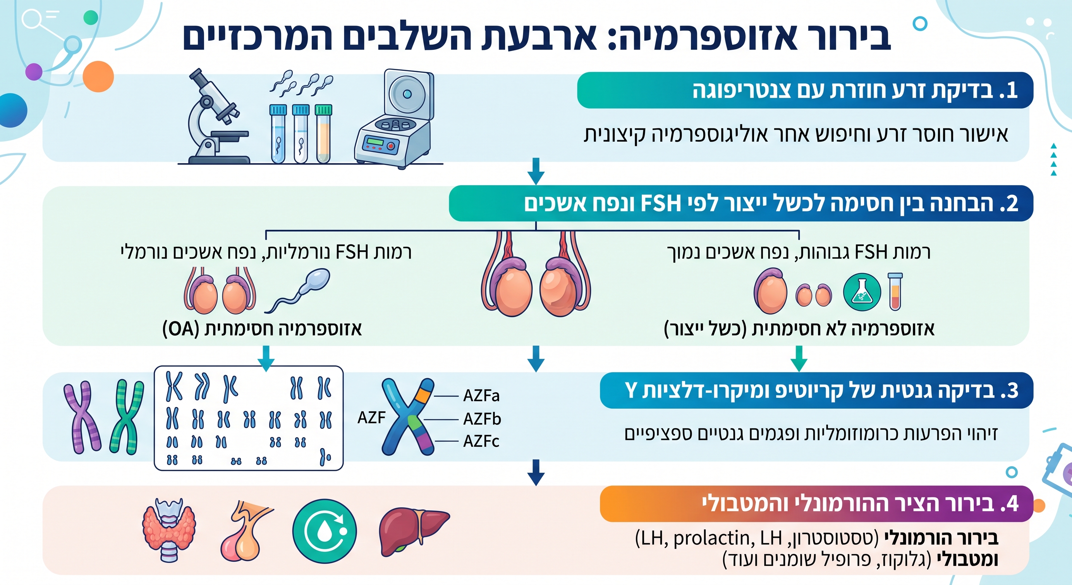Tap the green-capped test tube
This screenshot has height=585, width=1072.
[x=323, y=134]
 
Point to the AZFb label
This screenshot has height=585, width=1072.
[x=482, y=419]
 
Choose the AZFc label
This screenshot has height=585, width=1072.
[x=482, y=441]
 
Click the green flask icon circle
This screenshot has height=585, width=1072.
[x=862, y=292]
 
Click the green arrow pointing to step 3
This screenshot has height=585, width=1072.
[x=799, y=358]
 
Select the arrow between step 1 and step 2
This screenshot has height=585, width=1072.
[x=536, y=171]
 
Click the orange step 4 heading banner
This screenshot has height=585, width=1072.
[x=817, y=504]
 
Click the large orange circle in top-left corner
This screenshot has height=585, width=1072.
[x=98, y=77]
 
